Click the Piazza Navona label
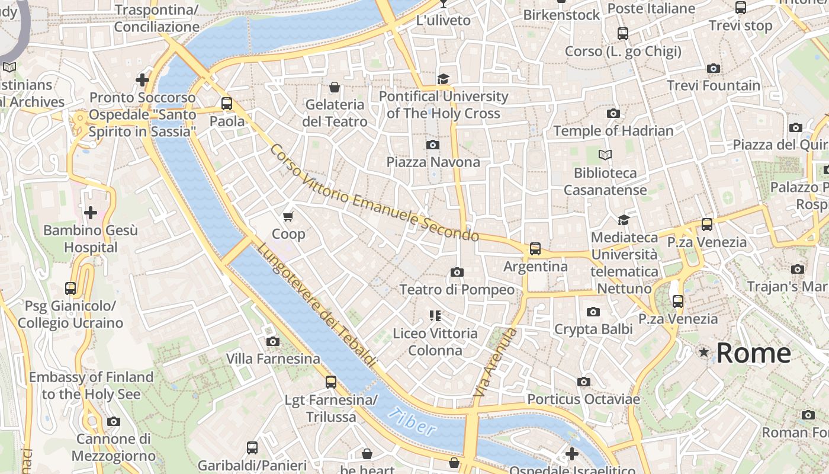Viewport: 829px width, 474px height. (x=433, y=162)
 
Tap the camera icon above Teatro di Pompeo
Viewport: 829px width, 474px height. (x=457, y=272)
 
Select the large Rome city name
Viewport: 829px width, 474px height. (x=753, y=353)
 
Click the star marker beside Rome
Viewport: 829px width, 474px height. (x=703, y=353)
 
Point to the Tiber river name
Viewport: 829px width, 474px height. (x=413, y=422)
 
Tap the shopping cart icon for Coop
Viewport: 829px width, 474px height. (x=288, y=216)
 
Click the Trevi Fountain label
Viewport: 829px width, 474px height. (x=713, y=85)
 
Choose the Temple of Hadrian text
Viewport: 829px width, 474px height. (x=613, y=130)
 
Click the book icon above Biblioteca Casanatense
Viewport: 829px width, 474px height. (x=605, y=155)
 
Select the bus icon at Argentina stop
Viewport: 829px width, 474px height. (x=535, y=249)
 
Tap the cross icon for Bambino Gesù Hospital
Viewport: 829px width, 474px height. (x=91, y=212)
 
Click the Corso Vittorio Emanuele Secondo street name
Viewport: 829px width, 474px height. (x=374, y=193)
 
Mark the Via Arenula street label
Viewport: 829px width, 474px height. (x=495, y=363)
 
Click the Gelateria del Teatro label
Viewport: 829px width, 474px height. (x=336, y=113)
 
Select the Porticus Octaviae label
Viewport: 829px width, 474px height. (x=583, y=399)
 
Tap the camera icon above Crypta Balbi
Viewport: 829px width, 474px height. (x=593, y=312)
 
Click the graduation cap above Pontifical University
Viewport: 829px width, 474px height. (x=443, y=79)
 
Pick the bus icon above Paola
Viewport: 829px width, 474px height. (x=227, y=104)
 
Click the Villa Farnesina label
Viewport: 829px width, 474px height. (x=273, y=358)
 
